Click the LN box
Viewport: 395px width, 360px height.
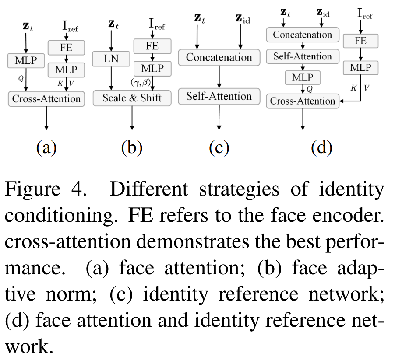coord(112,58)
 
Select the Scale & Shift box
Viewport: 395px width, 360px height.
coord(132,98)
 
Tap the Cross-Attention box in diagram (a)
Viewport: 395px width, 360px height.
coord(46,98)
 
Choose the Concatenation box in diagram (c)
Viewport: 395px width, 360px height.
coord(219,57)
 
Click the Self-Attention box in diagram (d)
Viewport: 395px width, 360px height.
coord(302,56)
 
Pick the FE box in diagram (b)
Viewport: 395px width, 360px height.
coord(152,45)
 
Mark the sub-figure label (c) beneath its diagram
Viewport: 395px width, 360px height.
coord(219,148)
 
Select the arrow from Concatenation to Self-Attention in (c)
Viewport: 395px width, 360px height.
coord(219,77)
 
